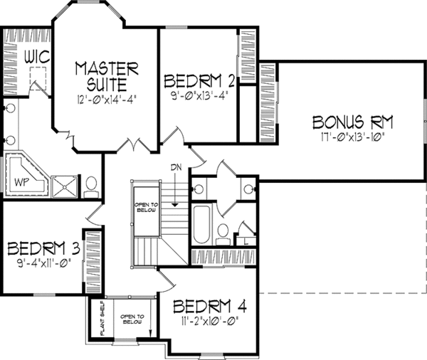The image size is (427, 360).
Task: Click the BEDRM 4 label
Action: click(x=210, y=307)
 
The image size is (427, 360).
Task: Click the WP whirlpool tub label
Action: click(x=21, y=182)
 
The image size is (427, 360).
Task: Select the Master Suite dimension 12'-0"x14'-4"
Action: click(x=105, y=98)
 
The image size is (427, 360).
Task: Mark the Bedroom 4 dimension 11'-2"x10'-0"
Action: click(x=210, y=321)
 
